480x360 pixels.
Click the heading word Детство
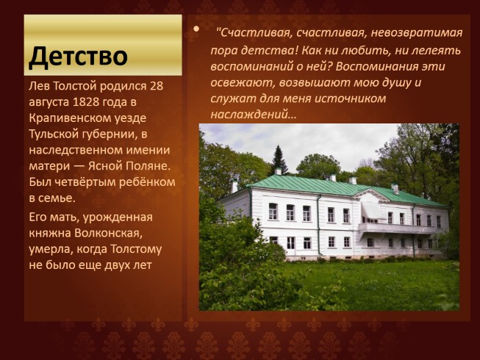click(x=79, y=57)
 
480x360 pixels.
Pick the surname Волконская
click(x=109, y=233)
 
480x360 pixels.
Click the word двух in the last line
click(x=115, y=265)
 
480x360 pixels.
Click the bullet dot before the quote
click(x=196, y=29)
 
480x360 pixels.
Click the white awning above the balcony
click(x=371, y=210)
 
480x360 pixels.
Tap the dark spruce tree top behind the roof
click(x=279, y=156)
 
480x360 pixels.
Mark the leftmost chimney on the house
click(x=234, y=186)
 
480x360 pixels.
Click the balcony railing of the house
click(x=396, y=228)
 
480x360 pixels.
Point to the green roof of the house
click(x=337, y=187)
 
